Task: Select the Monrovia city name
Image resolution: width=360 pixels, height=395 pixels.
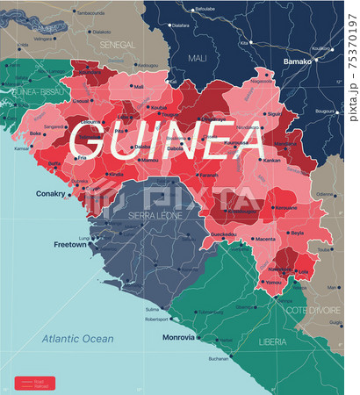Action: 178,337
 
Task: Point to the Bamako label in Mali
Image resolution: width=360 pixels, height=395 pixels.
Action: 298,62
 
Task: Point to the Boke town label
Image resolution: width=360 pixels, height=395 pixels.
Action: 36,133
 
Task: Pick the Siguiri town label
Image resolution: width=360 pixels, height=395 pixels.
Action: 275,113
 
